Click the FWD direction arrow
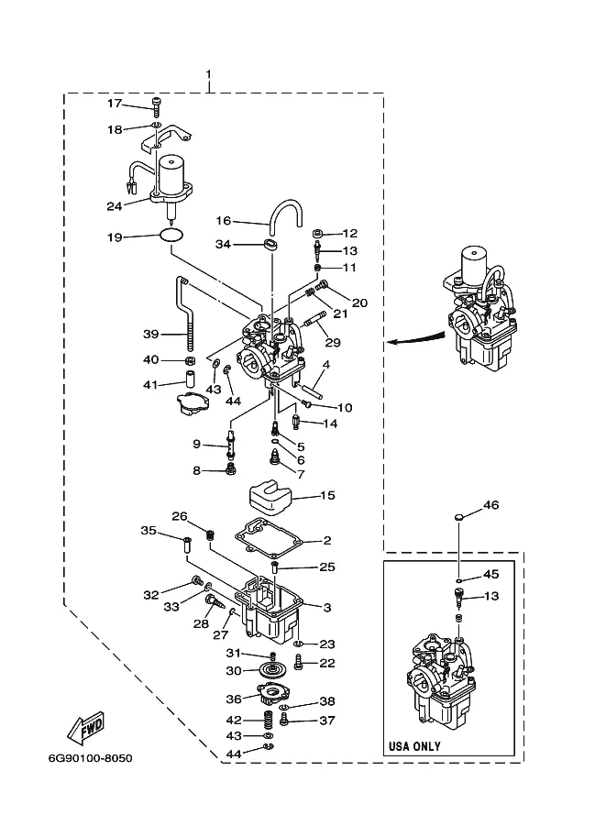pyautogui.click(x=85, y=728)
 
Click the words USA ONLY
pyautogui.click(x=414, y=745)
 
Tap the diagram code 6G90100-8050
pyautogui.click(x=90, y=758)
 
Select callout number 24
pyautogui.click(x=115, y=206)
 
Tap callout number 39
pyautogui.click(x=151, y=335)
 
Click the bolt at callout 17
pyautogui.click(x=157, y=106)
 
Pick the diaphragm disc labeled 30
pyautogui.click(x=273, y=670)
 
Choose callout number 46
pyautogui.click(x=490, y=504)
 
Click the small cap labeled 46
pyautogui.click(x=458, y=517)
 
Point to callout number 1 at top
pyautogui.click(x=208, y=73)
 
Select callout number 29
pyautogui.click(x=333, y=342)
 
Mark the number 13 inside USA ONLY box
pyautogui.click(x=491, y=596)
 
